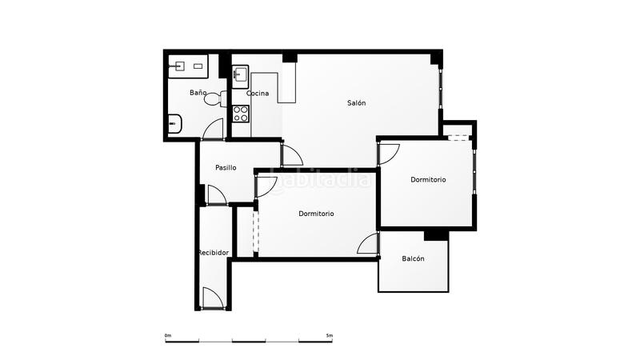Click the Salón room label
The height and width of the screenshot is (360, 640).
356,103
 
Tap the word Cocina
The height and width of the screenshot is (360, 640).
258,93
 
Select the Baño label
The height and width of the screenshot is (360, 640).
198,93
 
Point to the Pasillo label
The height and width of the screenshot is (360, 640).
226,167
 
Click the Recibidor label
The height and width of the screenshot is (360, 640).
214,253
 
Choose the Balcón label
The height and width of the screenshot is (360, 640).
413,258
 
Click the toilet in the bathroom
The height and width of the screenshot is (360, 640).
215,98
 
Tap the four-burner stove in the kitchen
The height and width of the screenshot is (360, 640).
241,114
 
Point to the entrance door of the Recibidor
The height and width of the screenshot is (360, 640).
213,298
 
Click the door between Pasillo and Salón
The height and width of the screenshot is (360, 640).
291,155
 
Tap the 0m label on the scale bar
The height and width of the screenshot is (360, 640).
168,335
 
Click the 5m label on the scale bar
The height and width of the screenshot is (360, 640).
330,335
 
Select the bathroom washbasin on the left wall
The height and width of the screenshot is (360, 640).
174,124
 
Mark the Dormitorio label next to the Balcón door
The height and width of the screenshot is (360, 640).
316,214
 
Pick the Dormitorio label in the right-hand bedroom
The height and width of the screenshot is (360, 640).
428,179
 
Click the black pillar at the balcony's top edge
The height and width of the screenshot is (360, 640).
436,235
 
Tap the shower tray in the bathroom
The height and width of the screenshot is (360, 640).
188,66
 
